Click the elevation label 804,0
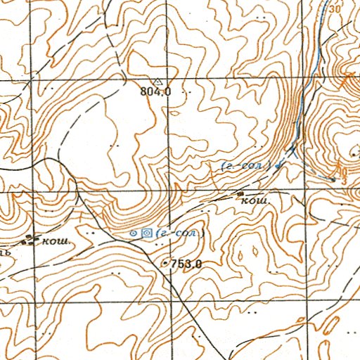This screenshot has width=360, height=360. pos(156,91)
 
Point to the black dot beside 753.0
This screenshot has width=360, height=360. pos(165,264)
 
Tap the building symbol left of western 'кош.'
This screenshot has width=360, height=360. pos(30,240)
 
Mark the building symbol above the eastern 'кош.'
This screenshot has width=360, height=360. pos(240,193)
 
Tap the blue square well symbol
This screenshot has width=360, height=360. pos(146,233)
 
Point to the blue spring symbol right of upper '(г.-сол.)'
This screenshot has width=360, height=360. pos(279,165)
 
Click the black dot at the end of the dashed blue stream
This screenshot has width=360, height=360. pos(333,179)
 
